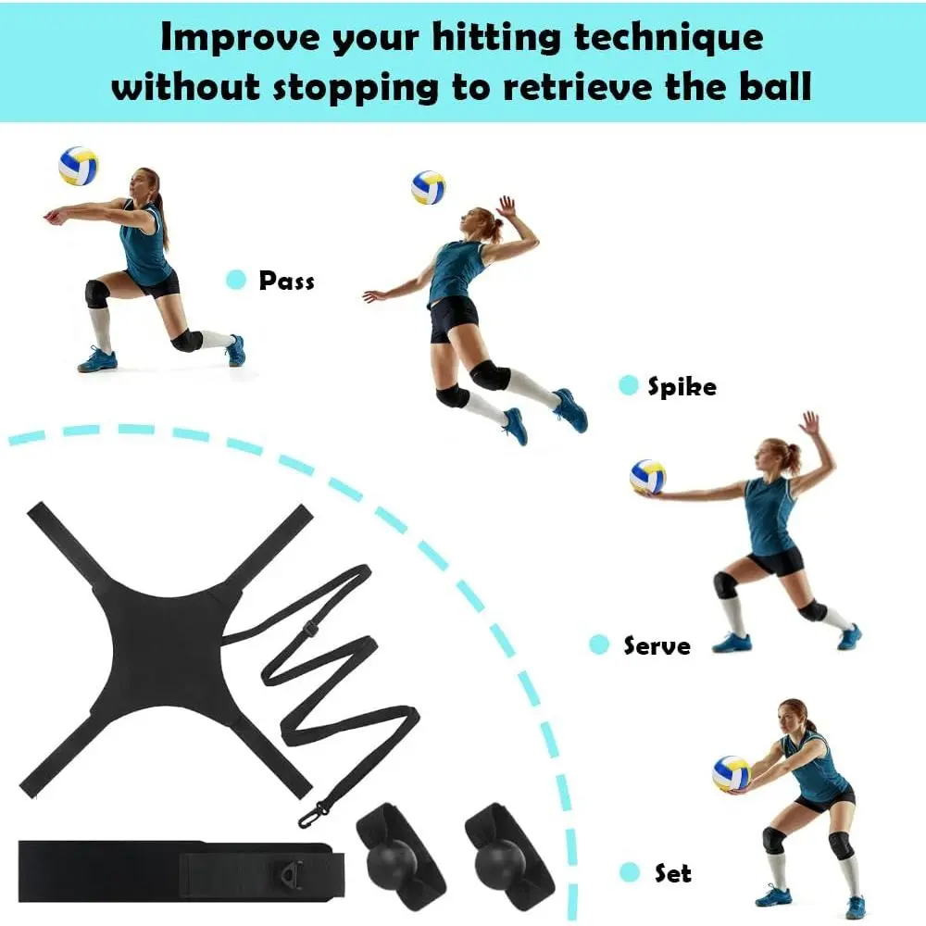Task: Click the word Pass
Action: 286,281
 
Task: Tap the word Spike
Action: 682,386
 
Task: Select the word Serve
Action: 657,645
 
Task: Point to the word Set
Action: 672,873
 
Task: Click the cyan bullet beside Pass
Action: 236,280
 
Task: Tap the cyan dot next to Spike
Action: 629,385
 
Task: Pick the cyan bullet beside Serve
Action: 599,644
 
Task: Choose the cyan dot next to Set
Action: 630,872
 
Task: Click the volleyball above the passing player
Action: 78,166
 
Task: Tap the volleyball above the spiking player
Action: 428,188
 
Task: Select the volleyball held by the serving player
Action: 648,477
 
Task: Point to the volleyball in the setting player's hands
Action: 732,773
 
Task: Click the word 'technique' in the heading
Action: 669,38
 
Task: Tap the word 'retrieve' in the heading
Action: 578,87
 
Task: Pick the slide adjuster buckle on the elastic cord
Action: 310,629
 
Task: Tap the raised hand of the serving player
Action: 810,423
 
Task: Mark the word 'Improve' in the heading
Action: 240,37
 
